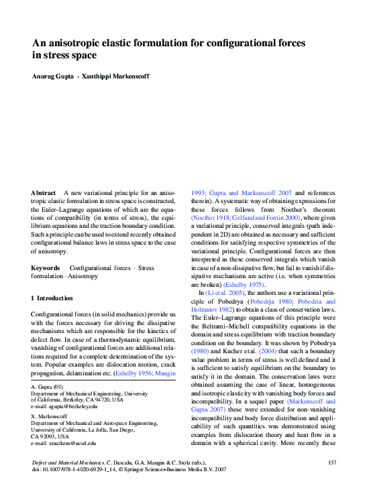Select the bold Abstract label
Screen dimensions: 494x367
[43, 193]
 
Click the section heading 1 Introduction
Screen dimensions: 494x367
[55, 298]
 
